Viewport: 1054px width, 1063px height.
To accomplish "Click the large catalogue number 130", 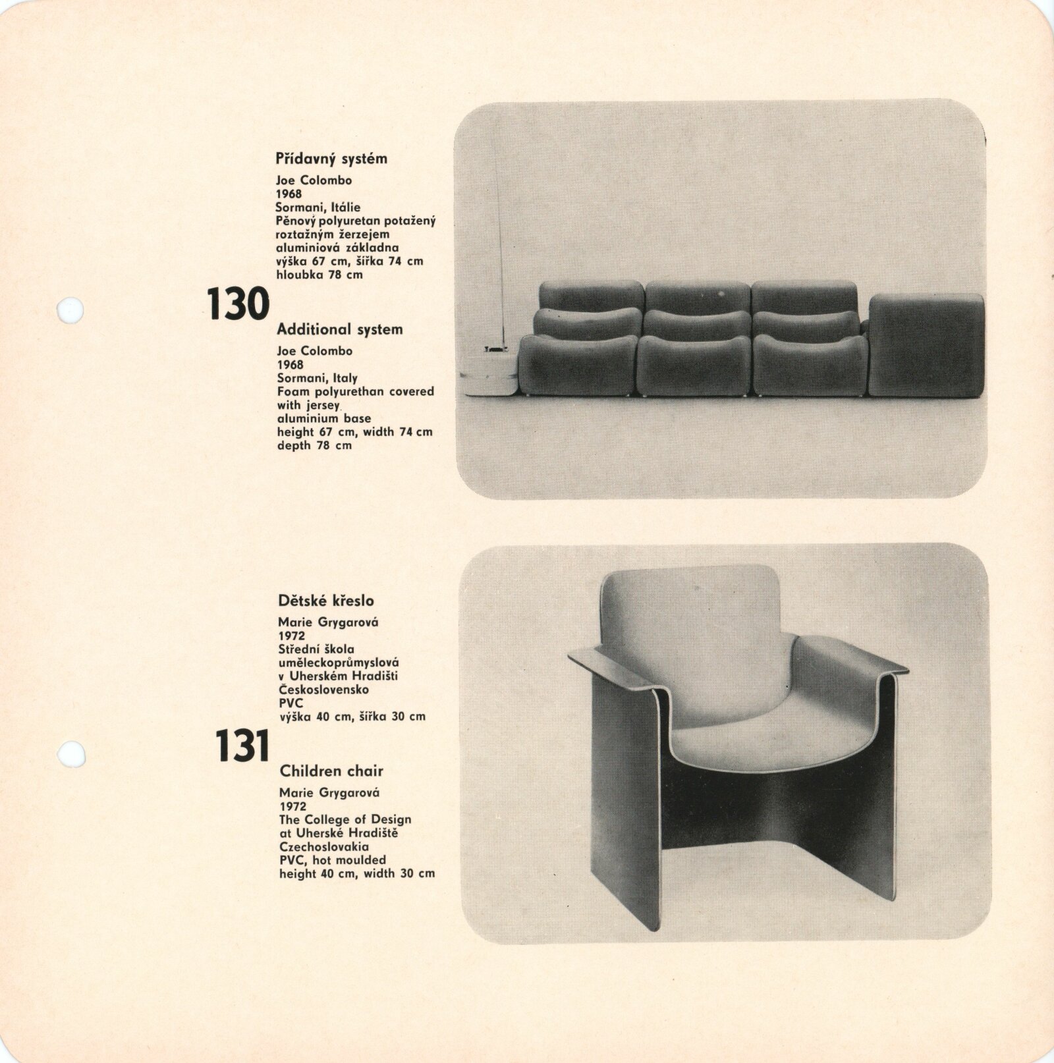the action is click(x=238, y=304).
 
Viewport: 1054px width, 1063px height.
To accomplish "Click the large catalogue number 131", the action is click(x=242, y=746).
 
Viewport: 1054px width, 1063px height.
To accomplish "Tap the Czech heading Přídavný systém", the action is click(x=331, y=159).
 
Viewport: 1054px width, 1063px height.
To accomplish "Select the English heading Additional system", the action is click(x=339, y=329).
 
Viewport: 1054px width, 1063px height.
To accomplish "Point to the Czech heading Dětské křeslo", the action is click(x=325, y=601).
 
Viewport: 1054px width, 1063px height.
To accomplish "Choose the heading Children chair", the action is click(x=331, y=771).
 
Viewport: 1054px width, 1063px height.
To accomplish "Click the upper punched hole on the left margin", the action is click(x=70, y=310).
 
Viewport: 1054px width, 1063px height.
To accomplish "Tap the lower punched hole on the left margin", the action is click(x=71, y=754).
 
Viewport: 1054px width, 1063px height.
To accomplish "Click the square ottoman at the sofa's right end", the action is click(x=926, y=344).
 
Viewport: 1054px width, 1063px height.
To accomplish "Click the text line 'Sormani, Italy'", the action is click(x=317, y=378).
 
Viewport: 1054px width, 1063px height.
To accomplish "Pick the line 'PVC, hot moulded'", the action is click(x=333, y=860).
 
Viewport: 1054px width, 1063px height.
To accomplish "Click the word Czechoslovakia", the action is click(x=323, y=847).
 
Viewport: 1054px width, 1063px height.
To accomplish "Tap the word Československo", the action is click(x=323, y=690).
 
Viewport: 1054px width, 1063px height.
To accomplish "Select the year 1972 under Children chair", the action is click(x=292, y=806).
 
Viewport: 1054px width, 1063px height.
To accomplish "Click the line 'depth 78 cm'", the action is click(x=314, y=445).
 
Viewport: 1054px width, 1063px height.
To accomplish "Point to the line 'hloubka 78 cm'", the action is click(x=319, y=275).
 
